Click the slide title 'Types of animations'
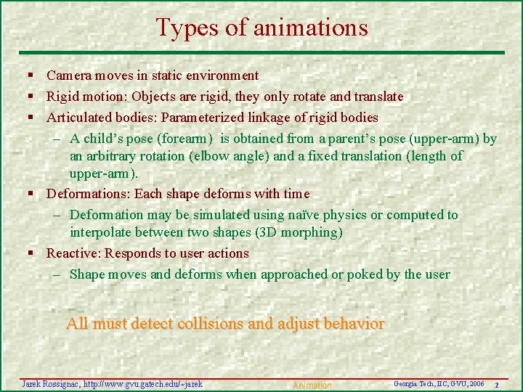point(261,28)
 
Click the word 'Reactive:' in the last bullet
point(73,253)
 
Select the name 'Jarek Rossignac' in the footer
point(51,383)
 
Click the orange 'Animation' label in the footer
point(312,385)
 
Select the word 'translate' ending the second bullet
point(377,97)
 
